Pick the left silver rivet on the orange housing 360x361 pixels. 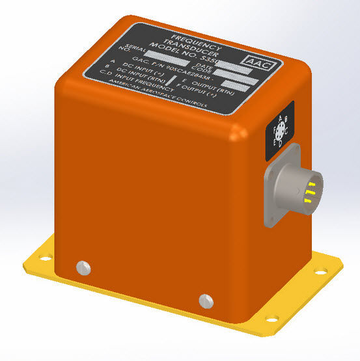click(x=82, y=266)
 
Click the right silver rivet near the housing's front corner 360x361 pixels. click(x=205, y=300)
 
